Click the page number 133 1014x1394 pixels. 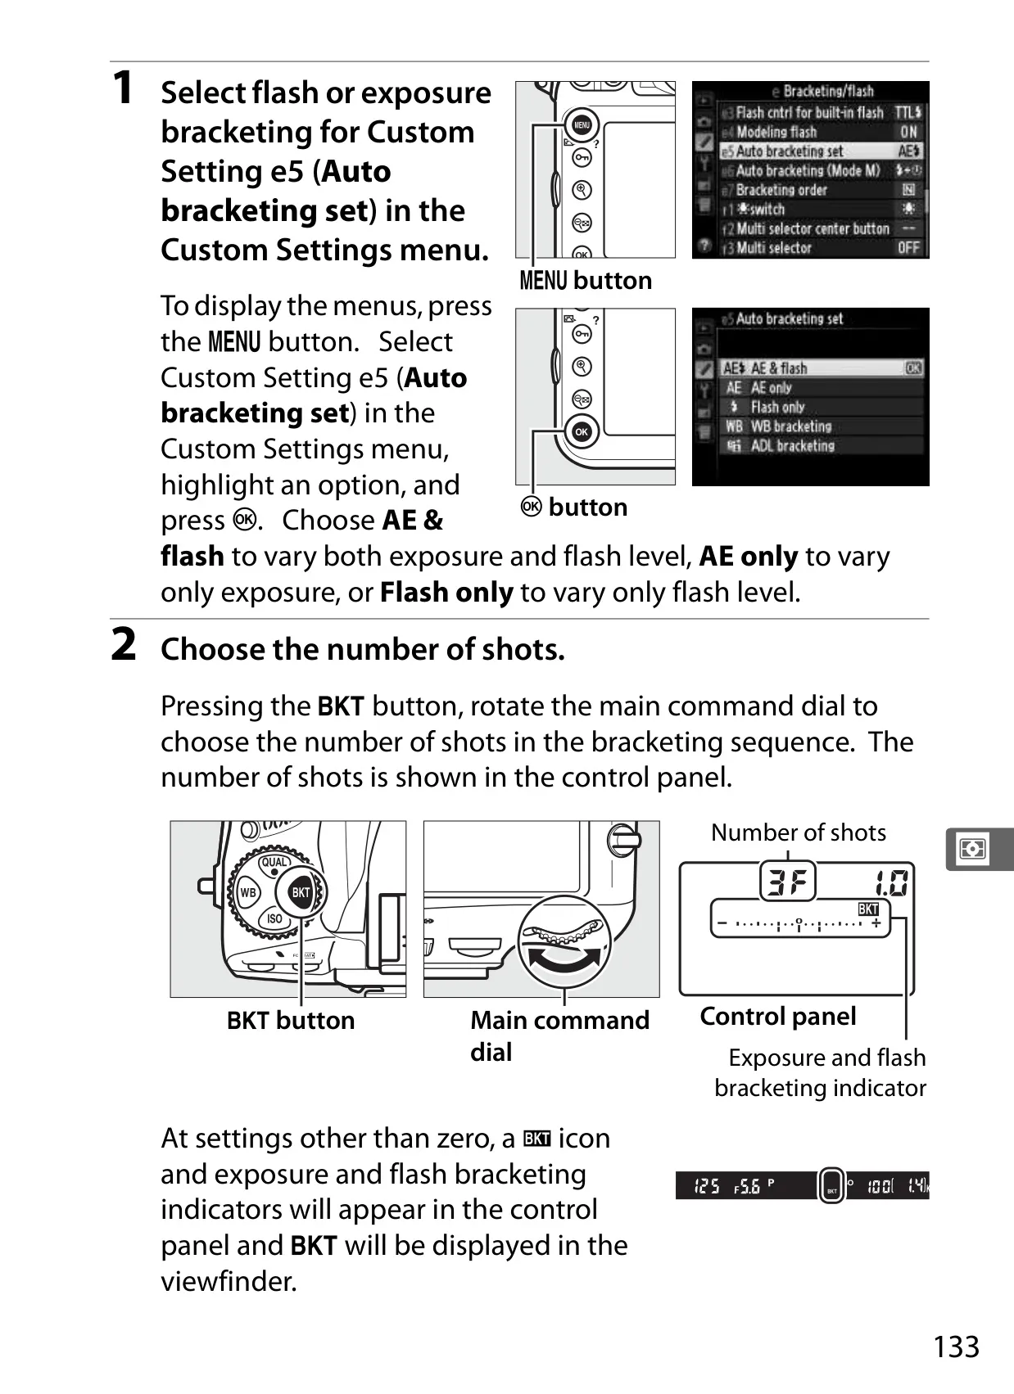tap(956, 1347)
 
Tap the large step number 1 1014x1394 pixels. tap(124, 87)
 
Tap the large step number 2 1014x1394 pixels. tap(124, 644)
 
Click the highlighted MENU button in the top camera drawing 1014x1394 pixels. tap(581, 125)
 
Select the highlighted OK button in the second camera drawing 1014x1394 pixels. tap(581, 431)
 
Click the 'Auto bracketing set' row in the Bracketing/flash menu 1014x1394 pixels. tap(821, 151)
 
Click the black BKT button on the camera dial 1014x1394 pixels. tap(301, 892)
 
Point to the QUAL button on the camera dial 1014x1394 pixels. tap(274, 862)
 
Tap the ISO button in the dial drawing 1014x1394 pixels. tap(274, 918)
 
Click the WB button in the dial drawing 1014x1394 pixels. tap(248, 892)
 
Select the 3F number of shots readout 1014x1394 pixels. tap(788, 882)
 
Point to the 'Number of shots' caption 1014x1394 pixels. tap(799, 832)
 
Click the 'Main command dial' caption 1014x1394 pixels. tap(559, 1036)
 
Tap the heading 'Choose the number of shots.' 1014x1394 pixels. tap(363, 650)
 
